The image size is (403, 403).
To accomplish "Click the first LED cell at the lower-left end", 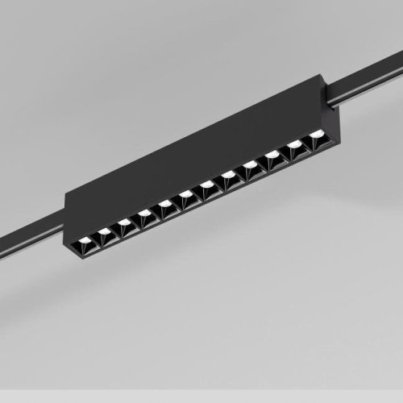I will tap(83, 242).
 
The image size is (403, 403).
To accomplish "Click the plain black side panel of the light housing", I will tap(193, 153).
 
